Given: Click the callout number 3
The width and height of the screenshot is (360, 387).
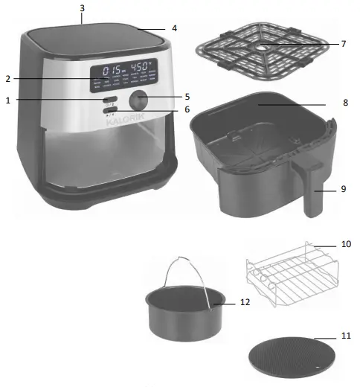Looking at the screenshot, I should (x=82, y=7).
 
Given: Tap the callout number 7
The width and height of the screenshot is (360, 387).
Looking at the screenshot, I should (x=344, y=44).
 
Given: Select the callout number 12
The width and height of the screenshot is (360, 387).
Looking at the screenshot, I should (x=245, y=303).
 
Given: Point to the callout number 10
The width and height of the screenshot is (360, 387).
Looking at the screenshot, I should (x=345, y=243).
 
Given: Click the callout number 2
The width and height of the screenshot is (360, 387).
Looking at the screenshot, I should (x=7, y=78).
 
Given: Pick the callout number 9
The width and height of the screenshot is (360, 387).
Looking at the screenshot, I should (x=344, y=189).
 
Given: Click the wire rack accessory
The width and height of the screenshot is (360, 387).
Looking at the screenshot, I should (x=286, y=275).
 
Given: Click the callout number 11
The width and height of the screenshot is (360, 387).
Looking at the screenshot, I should (x=345, y=336).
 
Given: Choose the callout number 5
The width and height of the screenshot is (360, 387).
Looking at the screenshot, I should (x=187, y=96).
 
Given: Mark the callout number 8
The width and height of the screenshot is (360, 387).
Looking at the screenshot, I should (x=344, y=103).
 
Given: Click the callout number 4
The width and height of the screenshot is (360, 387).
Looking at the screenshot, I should (x=174, y=29).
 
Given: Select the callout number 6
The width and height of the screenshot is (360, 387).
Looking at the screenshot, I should (x=187, y=109).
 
